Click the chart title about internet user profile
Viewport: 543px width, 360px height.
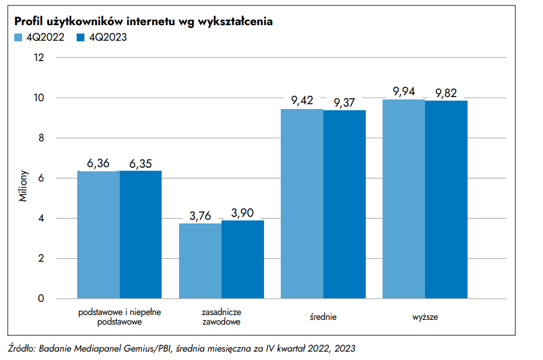tap(144, 22)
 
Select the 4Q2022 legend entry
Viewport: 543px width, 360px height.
tap(38, 37)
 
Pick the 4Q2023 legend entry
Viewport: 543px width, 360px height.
tap(101, 37)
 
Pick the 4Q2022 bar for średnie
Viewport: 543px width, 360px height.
tap(302, 204)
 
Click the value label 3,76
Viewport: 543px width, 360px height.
tap(201, 216)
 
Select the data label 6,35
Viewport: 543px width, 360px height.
tap(141, 164)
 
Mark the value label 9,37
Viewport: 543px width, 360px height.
tap(344, 103)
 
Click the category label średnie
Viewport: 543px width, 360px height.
tap(323, 316)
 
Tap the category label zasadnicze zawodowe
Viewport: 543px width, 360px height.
tap(222, 317)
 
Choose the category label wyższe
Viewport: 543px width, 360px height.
tap(425, 316)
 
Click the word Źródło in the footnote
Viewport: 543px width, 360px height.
tap(22, 348)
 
